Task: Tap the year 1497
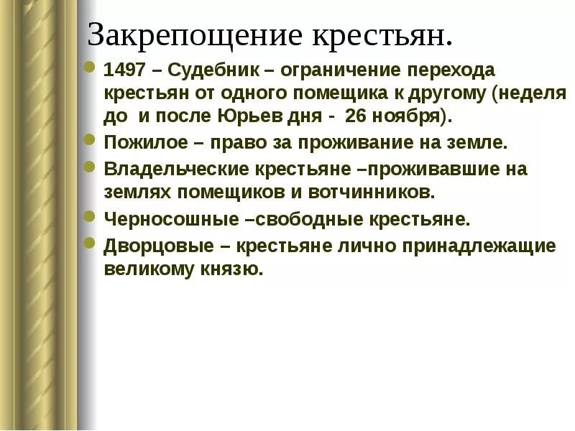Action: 123,73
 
